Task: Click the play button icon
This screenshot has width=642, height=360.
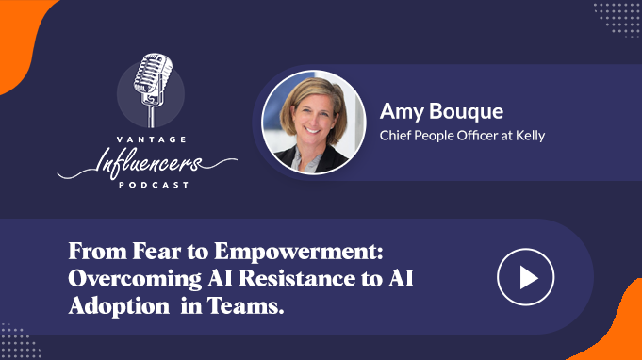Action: pyautogui.click(x=526, y=277)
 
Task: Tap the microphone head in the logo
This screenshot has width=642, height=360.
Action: pyautogui.click(x=153, y=74)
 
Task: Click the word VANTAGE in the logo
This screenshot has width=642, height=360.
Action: pyautogui.click(x=152, y=139)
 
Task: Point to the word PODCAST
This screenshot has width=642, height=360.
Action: pyautogui.click(x=154, y=185)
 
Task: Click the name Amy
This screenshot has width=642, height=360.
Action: pyautogui.click(x=402, y=112)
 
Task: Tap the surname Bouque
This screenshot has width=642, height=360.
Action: pyautogui.click(x=467, y=112)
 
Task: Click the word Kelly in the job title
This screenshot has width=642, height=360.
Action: pyautogui.click(x=530, y=136)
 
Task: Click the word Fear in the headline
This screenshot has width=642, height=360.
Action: pyautogui.click(x=156, y=251)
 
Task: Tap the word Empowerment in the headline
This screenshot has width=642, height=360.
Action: pyautogui.click(x=299, y=252)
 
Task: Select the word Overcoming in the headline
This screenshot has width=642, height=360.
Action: pyautogui.click(x=135, y=279)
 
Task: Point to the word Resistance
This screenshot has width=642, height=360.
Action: pyautogui.click(x=297, y=278)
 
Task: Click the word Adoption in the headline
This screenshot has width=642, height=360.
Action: pyautogui.click(x=119, y=306)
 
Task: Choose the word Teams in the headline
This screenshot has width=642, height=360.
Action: pyautogui.click(x=245, y=305)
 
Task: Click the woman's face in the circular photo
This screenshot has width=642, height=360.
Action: pyautogui.click(x=313, y=117)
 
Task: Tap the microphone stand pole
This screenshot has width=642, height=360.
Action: pyautogui.click(x=152, y=116)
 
